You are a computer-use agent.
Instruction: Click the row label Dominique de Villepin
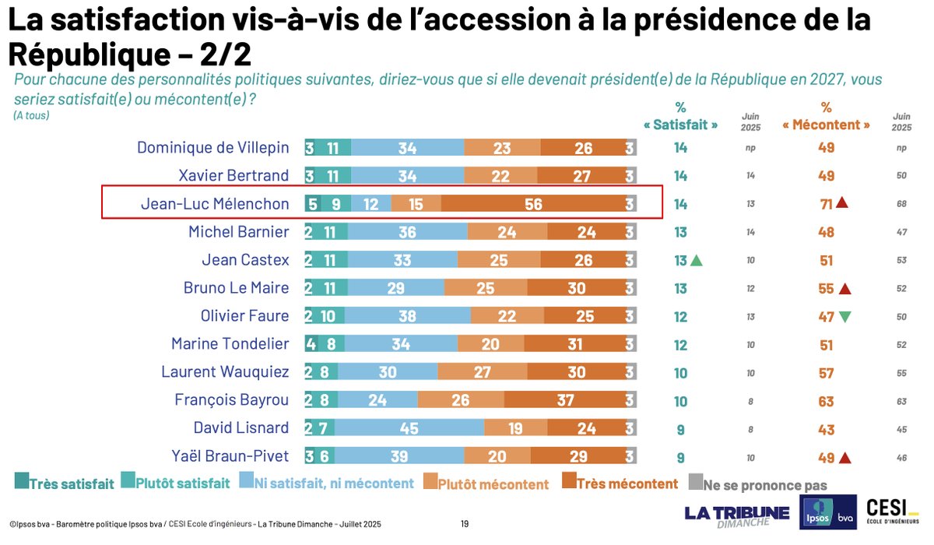pos(212,148)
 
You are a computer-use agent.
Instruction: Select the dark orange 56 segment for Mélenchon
pos(532,204)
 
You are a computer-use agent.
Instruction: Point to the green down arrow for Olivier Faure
pos(844,316)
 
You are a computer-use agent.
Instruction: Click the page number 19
pos(465,524)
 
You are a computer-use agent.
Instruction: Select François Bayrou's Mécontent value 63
pos(826,400)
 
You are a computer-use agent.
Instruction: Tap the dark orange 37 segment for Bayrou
pos(565,400)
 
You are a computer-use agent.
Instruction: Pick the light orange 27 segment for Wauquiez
pos(490,372)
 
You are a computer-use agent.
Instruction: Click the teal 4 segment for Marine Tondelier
pos(311,344)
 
